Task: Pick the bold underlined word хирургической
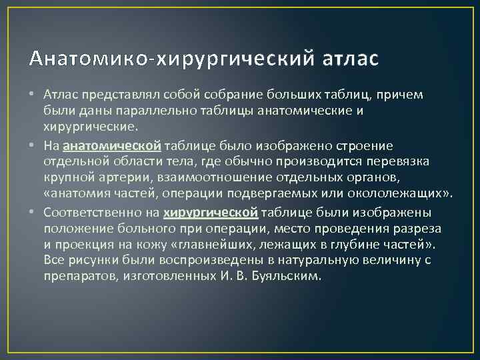coord(211,212)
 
